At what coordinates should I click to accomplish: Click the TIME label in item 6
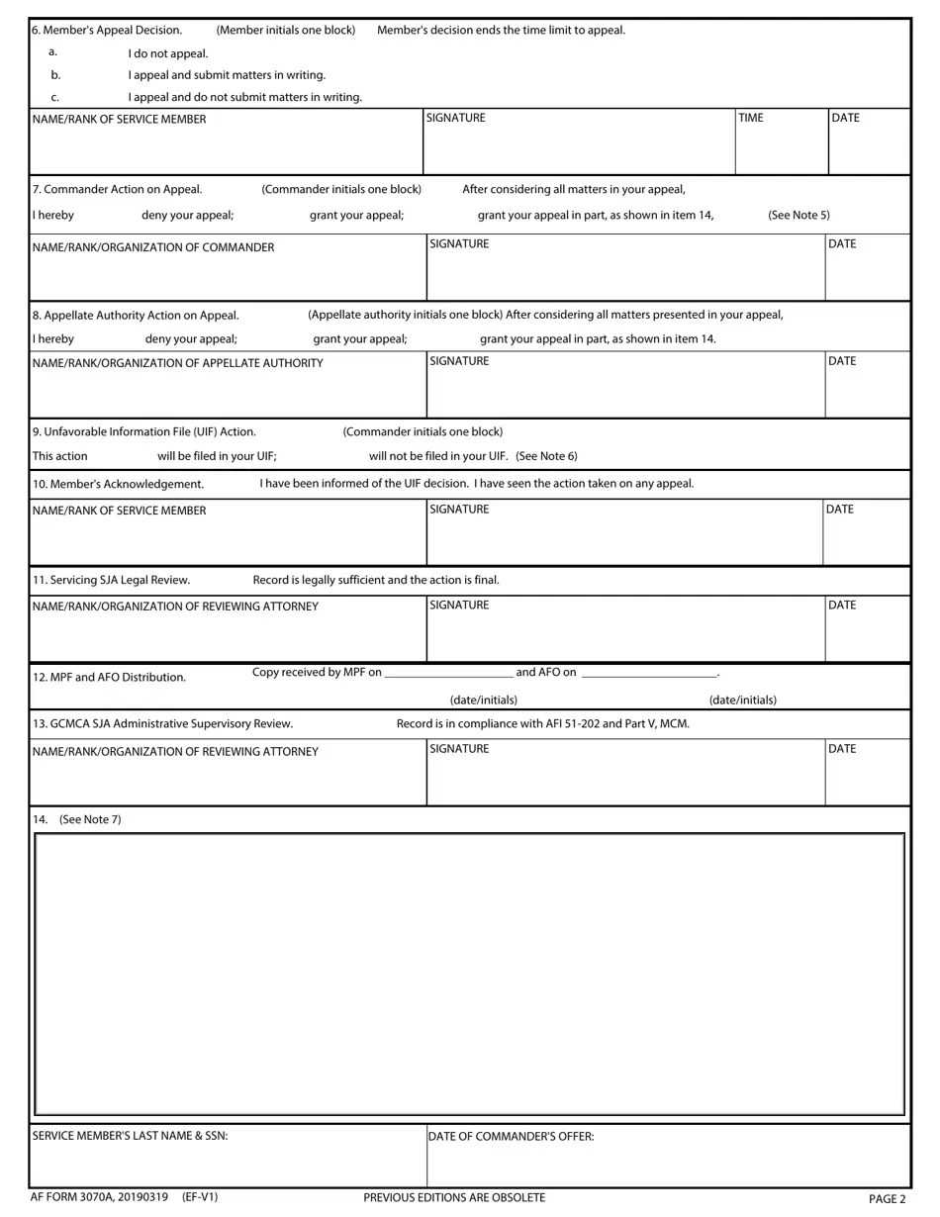(x=751, y=118)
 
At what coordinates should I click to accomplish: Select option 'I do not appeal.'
(x=167, y=53)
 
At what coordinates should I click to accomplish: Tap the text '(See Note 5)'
(x=799, y=215)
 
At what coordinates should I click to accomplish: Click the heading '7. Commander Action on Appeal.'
(x=117, y=189)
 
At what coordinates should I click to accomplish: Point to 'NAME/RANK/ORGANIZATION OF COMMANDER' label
(x=153, y=247)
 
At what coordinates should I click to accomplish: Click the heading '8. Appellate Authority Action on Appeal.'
(x=136, y=316)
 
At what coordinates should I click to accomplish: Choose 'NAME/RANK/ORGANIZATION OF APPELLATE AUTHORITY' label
(x=177, y=363)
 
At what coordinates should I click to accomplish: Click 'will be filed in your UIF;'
(x=217, y=456)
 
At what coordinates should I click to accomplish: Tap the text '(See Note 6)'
(x=546, y=456)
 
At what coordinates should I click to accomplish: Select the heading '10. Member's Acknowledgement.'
(x=118, y=484)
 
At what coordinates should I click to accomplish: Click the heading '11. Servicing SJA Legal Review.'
(x=111, y=580)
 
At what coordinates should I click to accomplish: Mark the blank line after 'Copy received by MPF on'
(x=447, y=675)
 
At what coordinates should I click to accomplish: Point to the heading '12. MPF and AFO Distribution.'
(x=109, y=677)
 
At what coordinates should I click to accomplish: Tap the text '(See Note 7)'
(x=90, y=819)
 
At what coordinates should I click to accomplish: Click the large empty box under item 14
(x=469, y=974)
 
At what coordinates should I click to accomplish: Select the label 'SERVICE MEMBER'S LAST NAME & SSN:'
(x=130, y=1136)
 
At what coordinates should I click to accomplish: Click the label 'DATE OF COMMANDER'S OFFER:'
(x=511, y=1137)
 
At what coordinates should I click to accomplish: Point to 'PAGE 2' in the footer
(x=887, y=1199)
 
